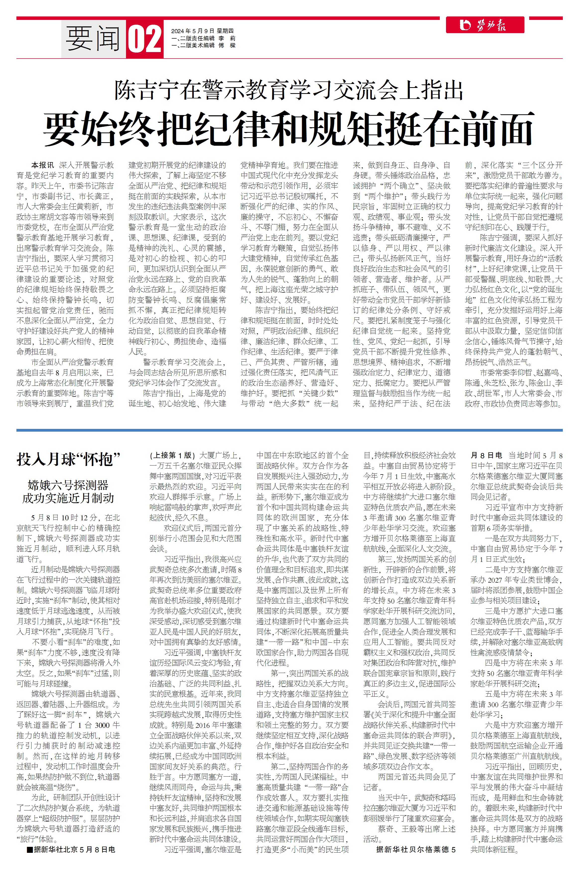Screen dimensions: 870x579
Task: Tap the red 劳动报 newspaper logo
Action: click(x=485, y=25)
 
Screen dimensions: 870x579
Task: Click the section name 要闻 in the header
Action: click(x=93, y=39)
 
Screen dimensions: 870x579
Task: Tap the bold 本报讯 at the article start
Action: click(x=43, y=165)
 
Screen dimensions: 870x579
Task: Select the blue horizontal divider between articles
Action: click(x=289, y=430)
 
